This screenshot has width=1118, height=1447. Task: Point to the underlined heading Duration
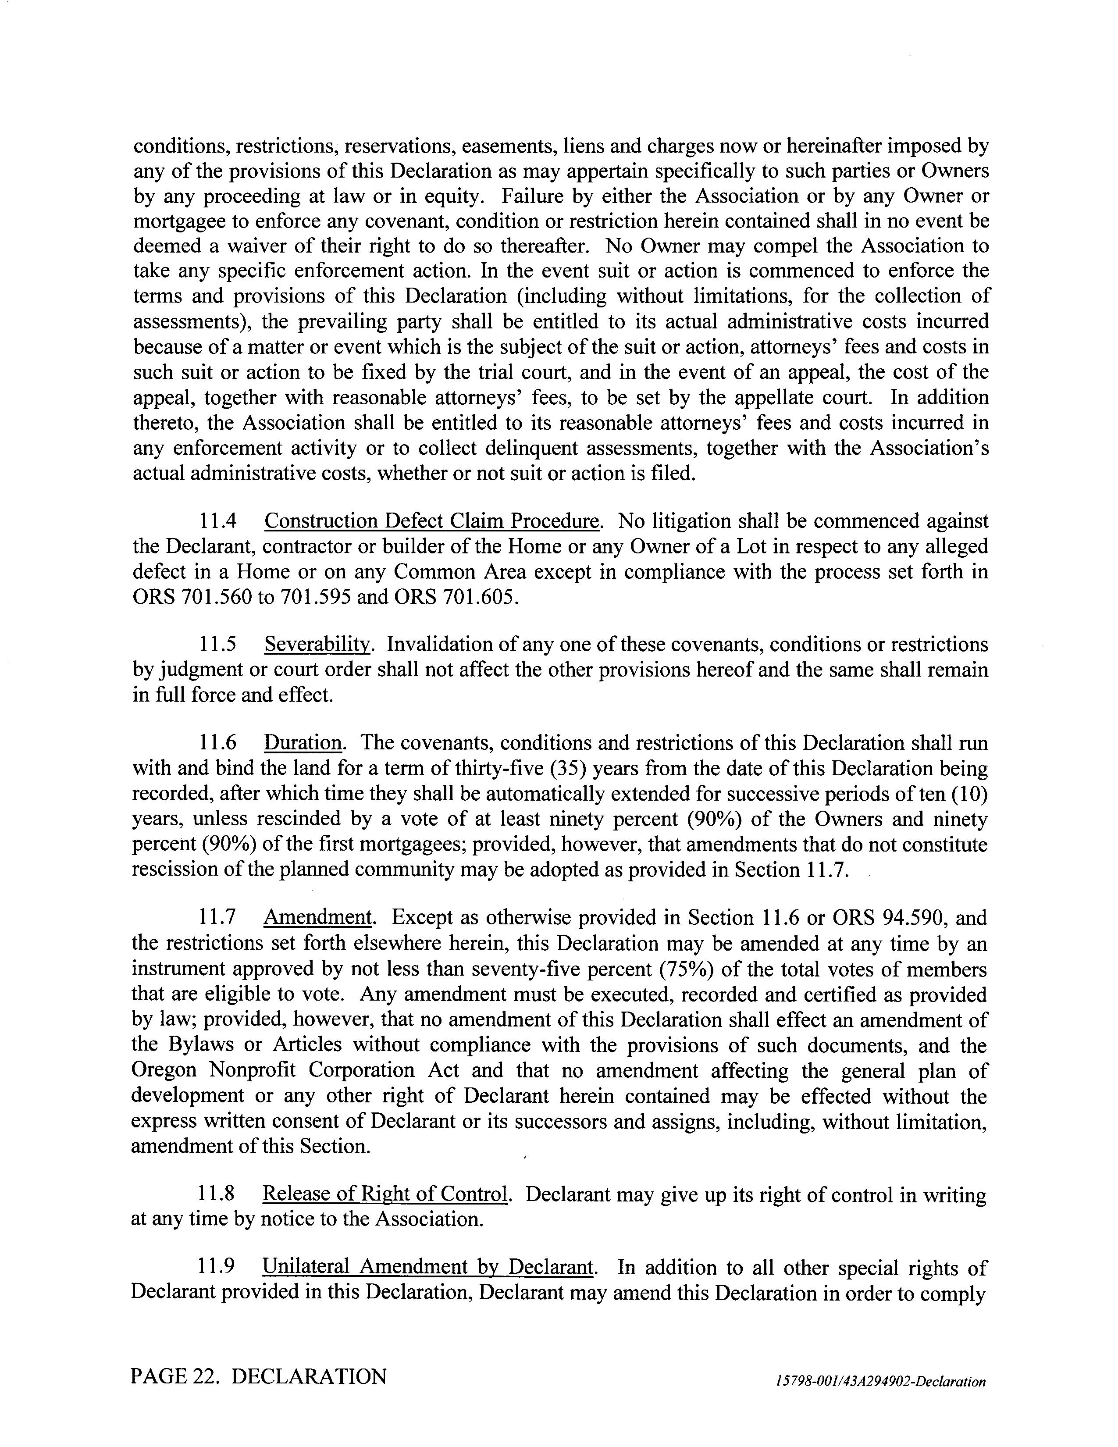point(303,743)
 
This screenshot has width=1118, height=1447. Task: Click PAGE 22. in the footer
point(175,1376)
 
